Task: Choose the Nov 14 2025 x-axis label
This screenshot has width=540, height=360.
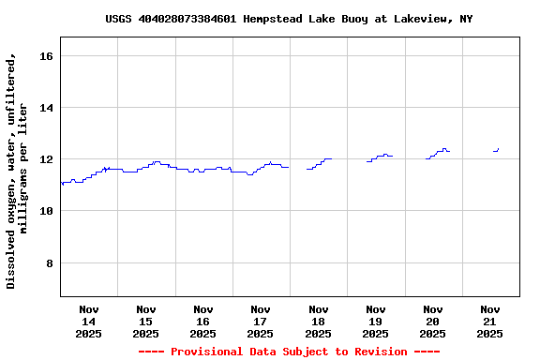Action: (x=88, y=321)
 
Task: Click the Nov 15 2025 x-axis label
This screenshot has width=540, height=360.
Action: (x=145, y=321)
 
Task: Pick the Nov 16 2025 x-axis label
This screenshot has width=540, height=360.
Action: (x=202, y=321)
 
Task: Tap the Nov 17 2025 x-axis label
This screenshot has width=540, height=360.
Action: (x=260, y=321)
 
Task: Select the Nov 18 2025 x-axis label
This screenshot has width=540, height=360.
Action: (x=318, y=321)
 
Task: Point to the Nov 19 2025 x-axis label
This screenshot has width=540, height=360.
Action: (x=375, y=321)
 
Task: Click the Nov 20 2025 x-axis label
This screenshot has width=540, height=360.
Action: (x=432, y=321)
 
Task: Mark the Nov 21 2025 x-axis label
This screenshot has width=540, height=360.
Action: (x=489, y=321)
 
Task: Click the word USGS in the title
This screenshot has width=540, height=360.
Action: (x=118, y=19)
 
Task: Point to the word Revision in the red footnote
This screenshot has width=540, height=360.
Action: (x=374, y=352)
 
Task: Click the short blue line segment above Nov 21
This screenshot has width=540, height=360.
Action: (x=496, y=150)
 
